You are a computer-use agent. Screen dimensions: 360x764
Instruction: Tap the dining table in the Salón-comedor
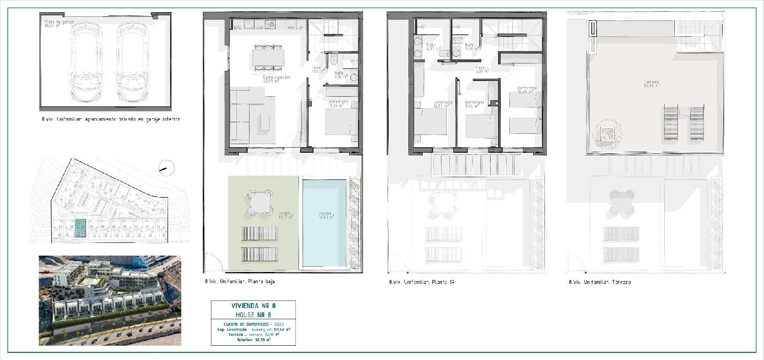(x=268, y=57)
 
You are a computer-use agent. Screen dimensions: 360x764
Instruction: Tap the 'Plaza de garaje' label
(x=56, y=24)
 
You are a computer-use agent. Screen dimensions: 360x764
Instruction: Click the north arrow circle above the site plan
(x=167, y=168)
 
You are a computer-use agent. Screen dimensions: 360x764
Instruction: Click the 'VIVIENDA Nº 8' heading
(x=253, y=306)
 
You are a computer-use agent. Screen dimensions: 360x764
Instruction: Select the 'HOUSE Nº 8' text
(x=253, y=315)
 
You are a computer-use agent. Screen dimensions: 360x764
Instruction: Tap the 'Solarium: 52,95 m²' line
(x=253, y=340)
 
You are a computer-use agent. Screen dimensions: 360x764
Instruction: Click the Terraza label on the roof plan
(x=651, y=83)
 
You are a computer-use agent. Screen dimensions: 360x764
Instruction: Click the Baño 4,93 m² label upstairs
(x=431, y=47)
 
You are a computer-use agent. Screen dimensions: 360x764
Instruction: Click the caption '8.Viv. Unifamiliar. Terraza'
(x=600, y=282)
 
